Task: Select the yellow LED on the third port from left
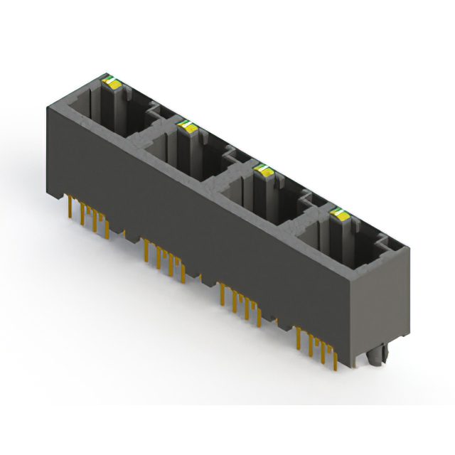pos(265,170)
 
